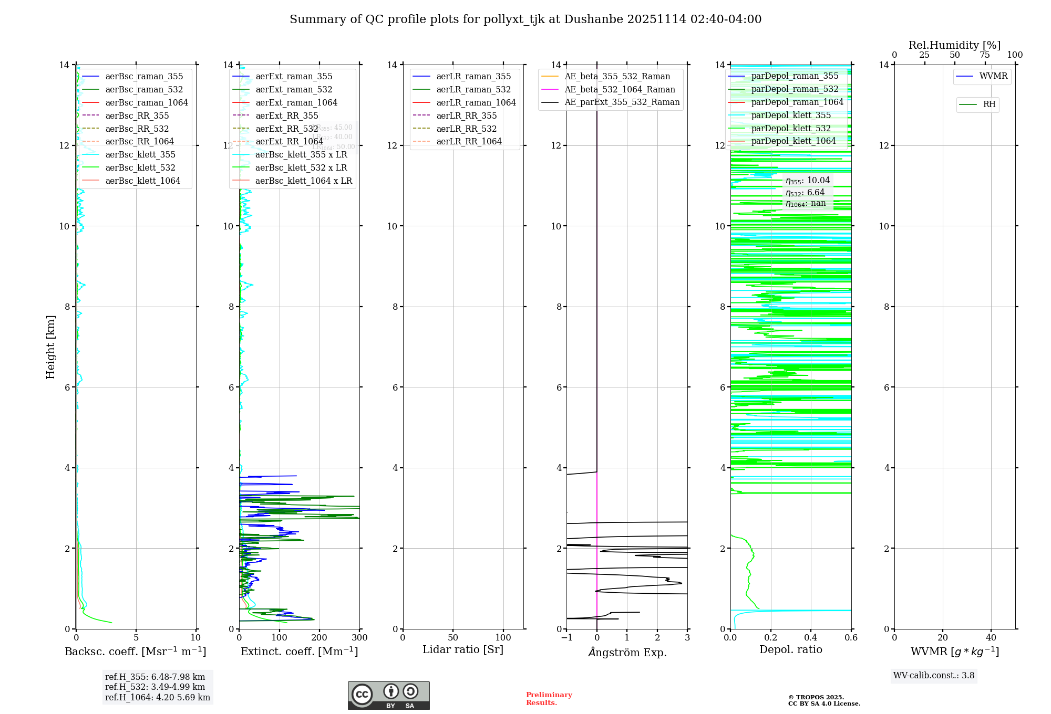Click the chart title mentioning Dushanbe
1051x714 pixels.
pos(525,19)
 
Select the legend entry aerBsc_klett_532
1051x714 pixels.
pos(140,167)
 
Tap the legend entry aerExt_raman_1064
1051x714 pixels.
pos(296,102)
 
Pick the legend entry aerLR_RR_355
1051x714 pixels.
pos(466,115)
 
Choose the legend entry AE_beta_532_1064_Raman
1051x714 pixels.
pos(620,89)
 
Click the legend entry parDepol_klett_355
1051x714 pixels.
pos(791,115)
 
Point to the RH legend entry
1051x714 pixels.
pos(989,104)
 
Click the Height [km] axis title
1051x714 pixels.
pos(50,347)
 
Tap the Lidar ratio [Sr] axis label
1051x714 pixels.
pos(463,649)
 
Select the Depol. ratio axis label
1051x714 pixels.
pos(790,649)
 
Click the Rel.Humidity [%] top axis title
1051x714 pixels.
pos(954,45)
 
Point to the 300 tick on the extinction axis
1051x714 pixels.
pos(359,638)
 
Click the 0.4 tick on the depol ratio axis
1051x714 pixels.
pos(811,638)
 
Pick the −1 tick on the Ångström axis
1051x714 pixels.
pos(566,638)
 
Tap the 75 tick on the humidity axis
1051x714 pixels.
pos(985,55)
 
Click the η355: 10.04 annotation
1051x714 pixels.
pos(808,181)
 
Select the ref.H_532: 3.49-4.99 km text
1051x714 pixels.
pos(155,687)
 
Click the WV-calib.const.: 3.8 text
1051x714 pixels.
pos(933,676)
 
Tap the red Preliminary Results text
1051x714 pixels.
pos(549,699)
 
